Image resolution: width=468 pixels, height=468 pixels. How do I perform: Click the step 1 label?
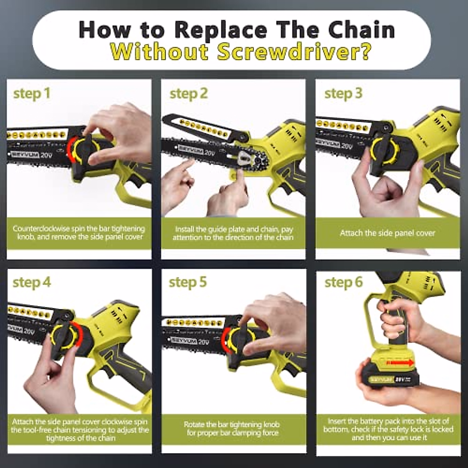(x=32, y=94)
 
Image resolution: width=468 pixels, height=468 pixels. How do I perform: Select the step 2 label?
(x=188, y=94)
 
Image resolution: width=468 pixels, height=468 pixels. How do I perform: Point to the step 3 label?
(x=343, y=94)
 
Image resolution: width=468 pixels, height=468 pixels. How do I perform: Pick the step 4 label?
(x=32, y=282)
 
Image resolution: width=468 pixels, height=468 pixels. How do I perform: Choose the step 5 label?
(x=188, y=282)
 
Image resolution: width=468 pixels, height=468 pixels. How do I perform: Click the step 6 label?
(x=343, y=282)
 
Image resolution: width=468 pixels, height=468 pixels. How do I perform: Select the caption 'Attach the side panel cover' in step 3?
(x=387, y=233)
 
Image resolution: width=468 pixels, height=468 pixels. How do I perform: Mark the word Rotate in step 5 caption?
(x=194, y=424)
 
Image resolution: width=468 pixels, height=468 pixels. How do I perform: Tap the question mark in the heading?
(x=364, y=52)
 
